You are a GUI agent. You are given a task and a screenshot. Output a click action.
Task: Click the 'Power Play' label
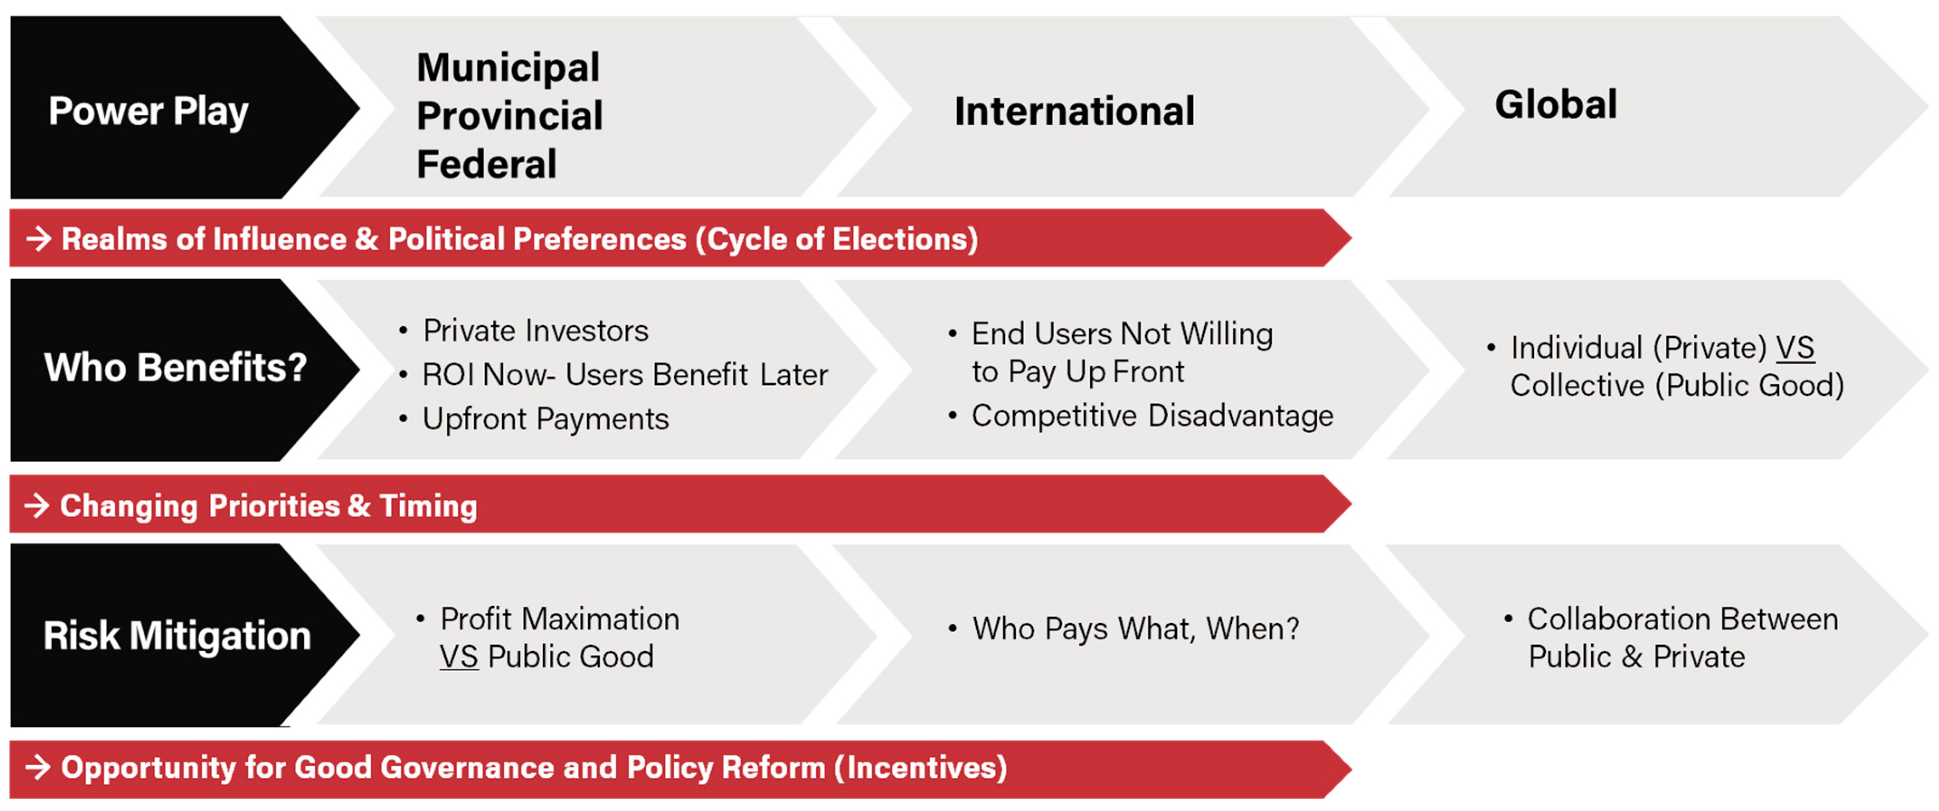coord(148,111)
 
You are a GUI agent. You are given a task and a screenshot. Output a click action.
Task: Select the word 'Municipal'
coord(508,68)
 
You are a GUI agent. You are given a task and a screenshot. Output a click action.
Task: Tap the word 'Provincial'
coord(510,116)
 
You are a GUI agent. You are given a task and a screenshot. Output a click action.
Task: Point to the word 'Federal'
coord(486,164)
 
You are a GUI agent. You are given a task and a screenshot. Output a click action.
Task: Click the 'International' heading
coord(1074,111)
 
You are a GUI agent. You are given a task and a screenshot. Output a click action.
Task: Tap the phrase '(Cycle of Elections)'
coord(836,239)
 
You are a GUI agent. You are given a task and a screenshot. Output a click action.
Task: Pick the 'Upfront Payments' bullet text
coord(545,419)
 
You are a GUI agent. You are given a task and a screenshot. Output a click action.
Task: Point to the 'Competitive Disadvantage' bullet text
coord(1152,415)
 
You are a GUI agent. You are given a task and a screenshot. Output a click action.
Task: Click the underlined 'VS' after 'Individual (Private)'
coord(1795,348)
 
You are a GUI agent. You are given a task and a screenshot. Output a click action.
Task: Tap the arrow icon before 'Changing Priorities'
coord(37,505)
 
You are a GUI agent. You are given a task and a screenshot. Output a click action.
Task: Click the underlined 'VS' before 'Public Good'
coord(459,657)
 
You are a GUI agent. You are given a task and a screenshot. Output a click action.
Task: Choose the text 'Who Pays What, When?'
coord(1135,628)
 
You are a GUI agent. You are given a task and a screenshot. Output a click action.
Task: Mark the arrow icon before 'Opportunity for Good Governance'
coord(38,767)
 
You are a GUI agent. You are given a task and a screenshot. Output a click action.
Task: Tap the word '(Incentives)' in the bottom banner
coord(920,768)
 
